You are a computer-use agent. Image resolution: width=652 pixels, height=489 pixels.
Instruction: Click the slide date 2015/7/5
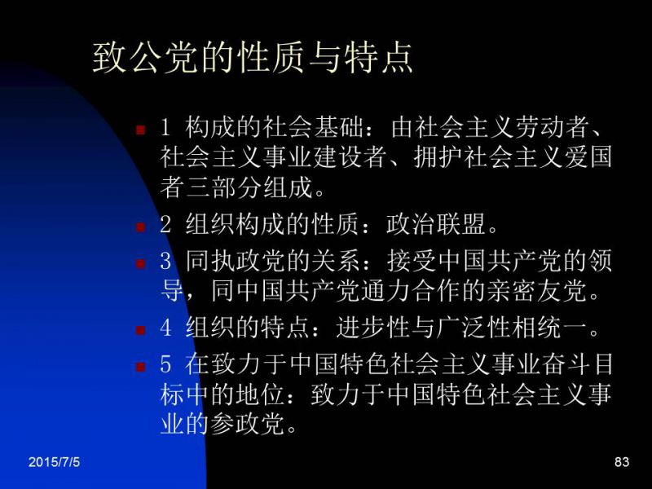tap(54, 462)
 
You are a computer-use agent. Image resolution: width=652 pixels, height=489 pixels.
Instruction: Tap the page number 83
tap(622, 462)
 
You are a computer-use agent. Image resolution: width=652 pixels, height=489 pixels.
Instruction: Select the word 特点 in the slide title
tap(378, 57)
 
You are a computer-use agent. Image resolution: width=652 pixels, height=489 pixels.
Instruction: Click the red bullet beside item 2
tap(140, 227)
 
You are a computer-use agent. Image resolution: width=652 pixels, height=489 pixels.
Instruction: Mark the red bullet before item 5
tap(140, 366)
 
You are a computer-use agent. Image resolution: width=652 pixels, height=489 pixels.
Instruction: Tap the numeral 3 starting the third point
tap(165, 261)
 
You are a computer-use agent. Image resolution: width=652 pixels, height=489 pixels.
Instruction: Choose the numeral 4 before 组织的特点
tap(165, 327)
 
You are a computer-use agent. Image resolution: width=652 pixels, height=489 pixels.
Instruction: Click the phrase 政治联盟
tap(436, 225)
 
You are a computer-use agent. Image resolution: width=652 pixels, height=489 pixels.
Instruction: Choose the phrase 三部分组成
tap(249, 187)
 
